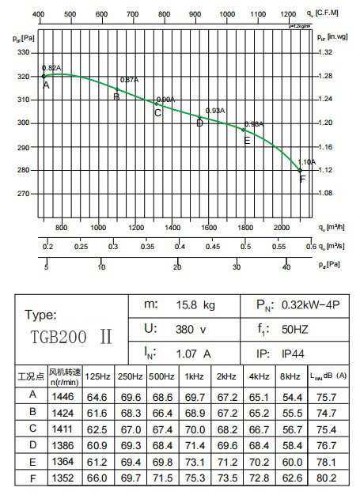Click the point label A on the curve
click(x=46, y=85)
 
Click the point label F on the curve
click(x=301, y=179)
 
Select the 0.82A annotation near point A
click(x=51, y=68)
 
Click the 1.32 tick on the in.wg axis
click(x=325, y=53)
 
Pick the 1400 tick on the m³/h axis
click(x=172, y=228)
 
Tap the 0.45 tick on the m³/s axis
click(x=213, y=247)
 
